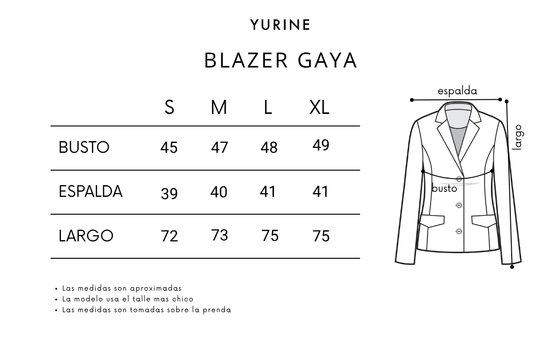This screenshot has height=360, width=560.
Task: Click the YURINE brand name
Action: pyautogui.click(x=280, y=25)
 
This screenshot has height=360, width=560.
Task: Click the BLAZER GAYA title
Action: pyautogui.click(x=281, y=60)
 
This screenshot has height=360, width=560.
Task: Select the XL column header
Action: pyautogui.click(x=319, y=108)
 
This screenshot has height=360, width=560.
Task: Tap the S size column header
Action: pyautogui.click(x=169, y=108)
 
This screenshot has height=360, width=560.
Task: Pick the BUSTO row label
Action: pyautogui.click(x=84, y=148)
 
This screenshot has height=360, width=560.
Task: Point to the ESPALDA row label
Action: pyautogui.click(x=91, y=192)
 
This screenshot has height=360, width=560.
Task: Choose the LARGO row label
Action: pyautogui.click(x=86, y=236)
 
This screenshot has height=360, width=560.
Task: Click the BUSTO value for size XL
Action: pyautogui.click(x=321, y=145)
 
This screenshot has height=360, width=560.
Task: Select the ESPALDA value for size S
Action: pyautogui.click(x=169, y=194)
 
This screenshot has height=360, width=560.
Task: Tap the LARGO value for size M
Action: pyautogui.click(x=219, y=235)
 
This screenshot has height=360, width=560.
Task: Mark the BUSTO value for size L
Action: pyautogui.click(x=269, y=148)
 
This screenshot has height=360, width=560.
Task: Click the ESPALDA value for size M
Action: pyautogui.click(x=219, y=192)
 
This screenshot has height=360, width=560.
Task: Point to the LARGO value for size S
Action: pyautogui.click(x=169, y=236)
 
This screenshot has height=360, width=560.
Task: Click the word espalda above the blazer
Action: pyautogui.click(x=457, y=91)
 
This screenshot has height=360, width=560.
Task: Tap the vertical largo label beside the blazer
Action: pyautogui.click(x=517, y=137)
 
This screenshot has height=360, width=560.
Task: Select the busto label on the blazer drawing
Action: pyautogui.click(x=444, y=188)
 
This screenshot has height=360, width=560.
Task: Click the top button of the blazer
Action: pyautogui.click(x=459, y=179)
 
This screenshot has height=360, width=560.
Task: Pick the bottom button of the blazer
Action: pyautogui.click(x=459, y=231)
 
